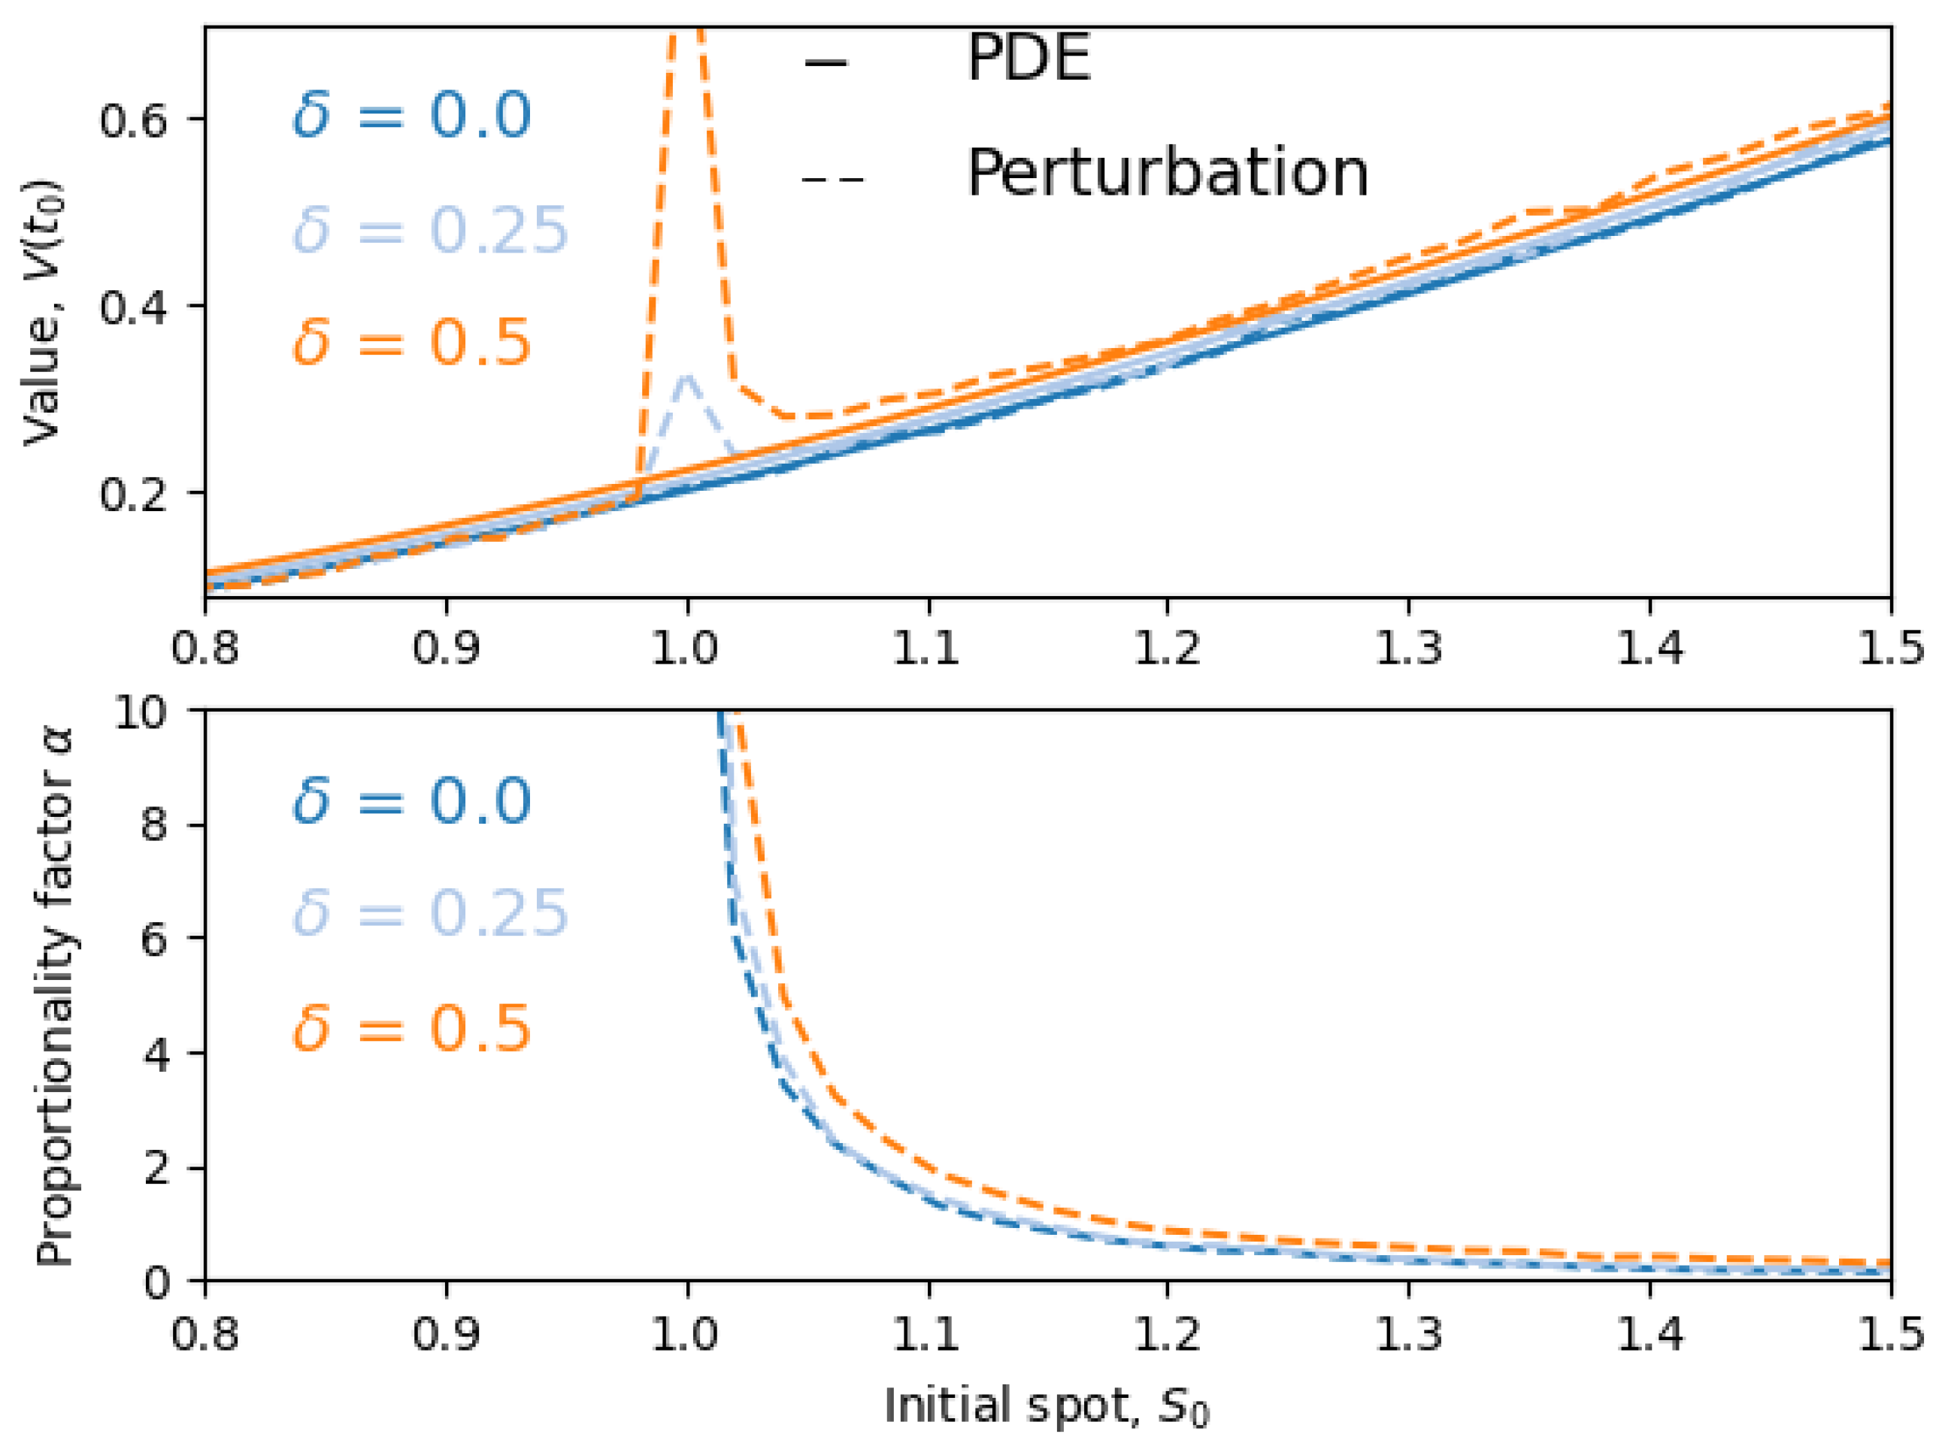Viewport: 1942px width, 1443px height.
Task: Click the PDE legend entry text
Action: [x=1029, y=59]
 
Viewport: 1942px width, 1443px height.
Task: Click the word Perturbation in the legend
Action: [x=1167, y=173]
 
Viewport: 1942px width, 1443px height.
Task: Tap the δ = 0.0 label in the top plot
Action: [x=411, y=116]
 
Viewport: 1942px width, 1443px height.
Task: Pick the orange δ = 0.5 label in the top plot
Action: [x=411, y=341]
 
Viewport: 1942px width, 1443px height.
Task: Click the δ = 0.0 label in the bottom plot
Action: [x=411, y=801]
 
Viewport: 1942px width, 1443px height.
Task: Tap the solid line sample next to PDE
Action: [x=825, y=63]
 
